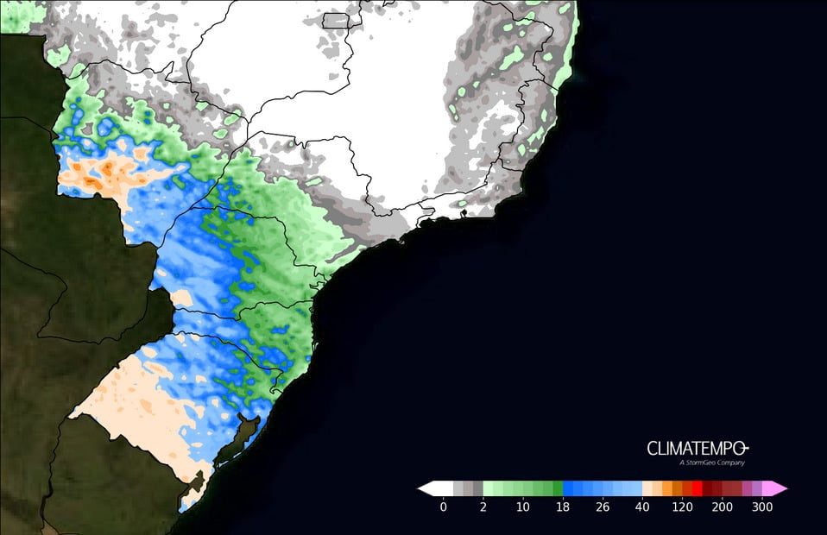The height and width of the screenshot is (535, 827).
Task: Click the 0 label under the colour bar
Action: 443,507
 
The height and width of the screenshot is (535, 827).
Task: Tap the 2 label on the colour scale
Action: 483,507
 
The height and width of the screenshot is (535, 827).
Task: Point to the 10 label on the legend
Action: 522,507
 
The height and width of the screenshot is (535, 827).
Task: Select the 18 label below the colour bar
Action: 562,507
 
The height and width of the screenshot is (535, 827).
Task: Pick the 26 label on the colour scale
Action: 602,507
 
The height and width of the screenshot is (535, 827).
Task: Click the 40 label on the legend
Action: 641,507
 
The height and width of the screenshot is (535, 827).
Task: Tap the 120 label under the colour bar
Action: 681,507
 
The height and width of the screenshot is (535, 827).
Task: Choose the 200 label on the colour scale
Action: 722,507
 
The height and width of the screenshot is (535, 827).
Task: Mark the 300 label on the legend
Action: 761,507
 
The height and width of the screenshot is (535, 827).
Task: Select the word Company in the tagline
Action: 730,463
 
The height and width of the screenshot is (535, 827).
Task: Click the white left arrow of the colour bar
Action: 424,488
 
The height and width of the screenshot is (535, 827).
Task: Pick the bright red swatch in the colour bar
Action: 697,488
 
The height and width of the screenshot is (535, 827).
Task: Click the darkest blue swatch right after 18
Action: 568,488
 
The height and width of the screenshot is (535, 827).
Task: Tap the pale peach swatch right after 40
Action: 647,488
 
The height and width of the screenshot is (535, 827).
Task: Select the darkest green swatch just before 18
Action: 557,488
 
